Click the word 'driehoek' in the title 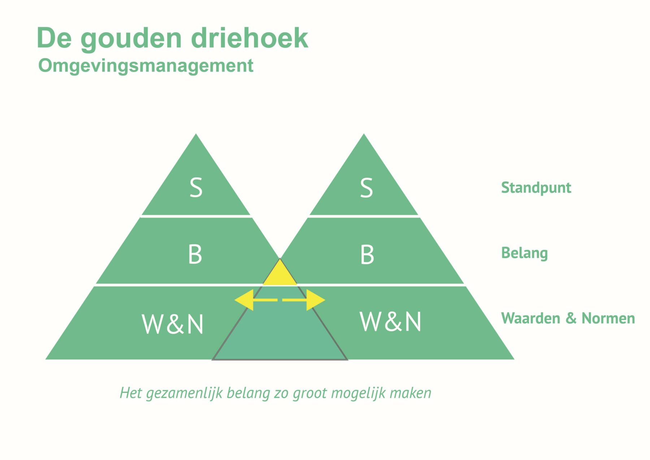(250, 38)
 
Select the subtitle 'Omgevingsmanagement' (146, 66)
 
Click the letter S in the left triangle (196, 188)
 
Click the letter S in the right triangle (367, 188)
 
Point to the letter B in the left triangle (195, 254)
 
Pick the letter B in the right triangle (367, 254)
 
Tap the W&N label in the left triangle (173, 324)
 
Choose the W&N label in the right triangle (390, 321)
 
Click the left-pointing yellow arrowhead (244, 300)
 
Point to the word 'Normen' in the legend (608, 318)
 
